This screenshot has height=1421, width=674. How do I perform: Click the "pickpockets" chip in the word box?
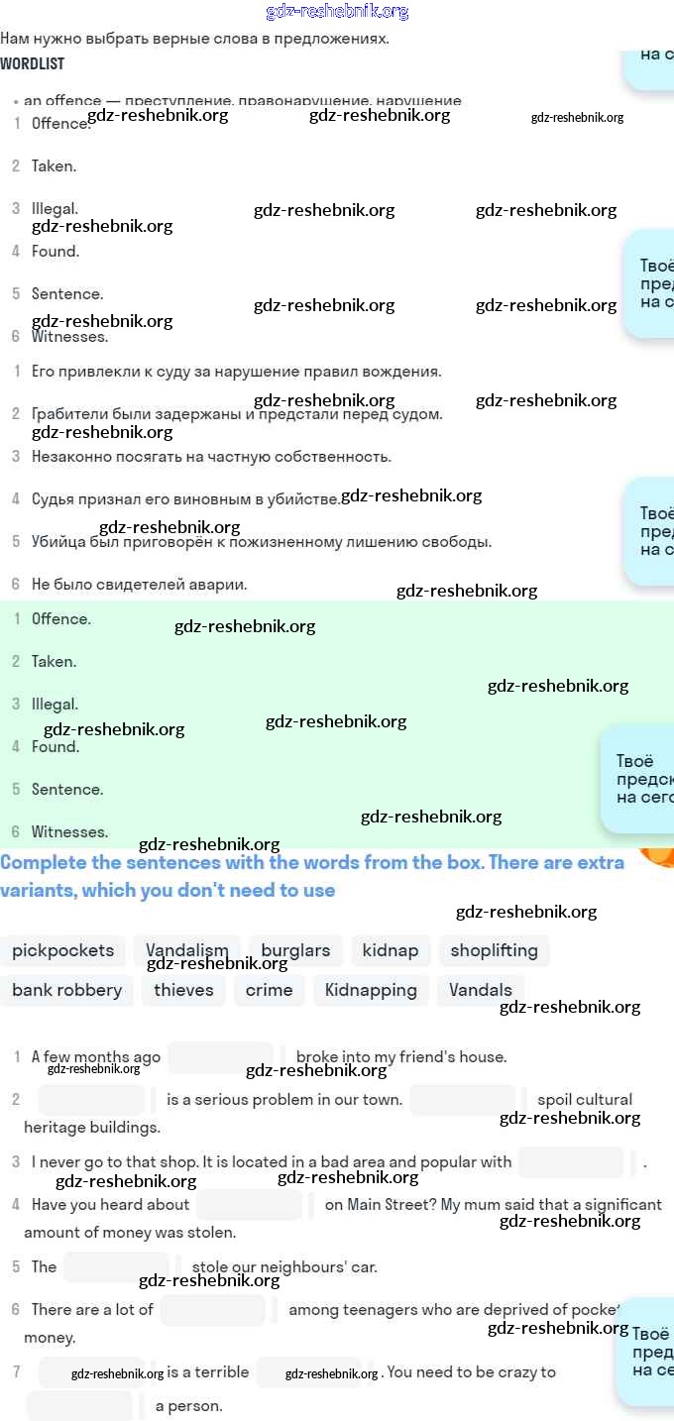(x=62, y=950)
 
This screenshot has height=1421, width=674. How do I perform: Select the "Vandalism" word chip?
(x=187, y=950)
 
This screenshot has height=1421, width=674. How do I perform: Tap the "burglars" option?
(x=295, y=950)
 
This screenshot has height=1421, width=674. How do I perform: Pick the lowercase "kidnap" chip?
(x=390, y=950)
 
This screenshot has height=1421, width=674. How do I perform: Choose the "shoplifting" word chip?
(x=494, y=950)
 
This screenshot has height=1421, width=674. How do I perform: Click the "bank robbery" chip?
(x=66, y=990)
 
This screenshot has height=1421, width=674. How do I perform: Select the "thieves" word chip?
(x=183, y=990)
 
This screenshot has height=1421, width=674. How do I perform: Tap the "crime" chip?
(x=269, y=990)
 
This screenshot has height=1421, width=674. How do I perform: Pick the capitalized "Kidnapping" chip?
(x=371, y=990)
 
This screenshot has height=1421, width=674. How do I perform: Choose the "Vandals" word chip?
(x=481, y=990)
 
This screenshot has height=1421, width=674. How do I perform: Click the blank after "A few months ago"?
(x=220, y=1057)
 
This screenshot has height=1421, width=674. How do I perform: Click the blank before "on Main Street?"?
(x=249, y=1205)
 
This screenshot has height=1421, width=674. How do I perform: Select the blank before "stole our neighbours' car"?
(x=116, y=1266)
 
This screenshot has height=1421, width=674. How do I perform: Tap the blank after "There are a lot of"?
(x=212, y=1310)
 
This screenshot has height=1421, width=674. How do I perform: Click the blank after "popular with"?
(x=571, y=1162)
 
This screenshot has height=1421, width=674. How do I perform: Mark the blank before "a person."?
(x=79, y=1405)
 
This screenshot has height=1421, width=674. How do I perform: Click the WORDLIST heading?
(x=33, y=63)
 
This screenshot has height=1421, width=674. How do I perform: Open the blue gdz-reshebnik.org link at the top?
(x=337, y=12)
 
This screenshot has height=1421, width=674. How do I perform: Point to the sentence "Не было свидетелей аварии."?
(x=139, y=585)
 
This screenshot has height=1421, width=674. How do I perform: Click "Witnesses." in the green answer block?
(x=69, y=831)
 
